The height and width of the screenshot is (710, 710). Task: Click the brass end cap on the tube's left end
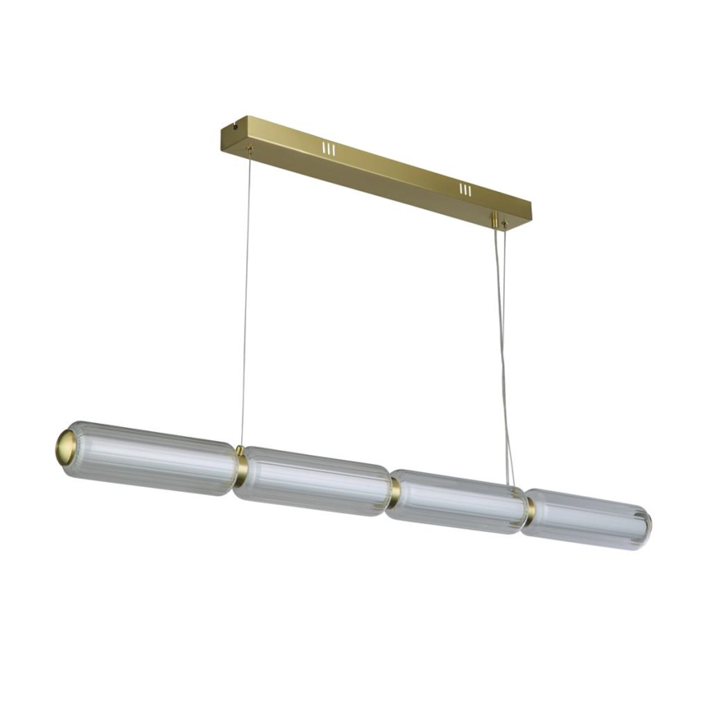coord(66,447)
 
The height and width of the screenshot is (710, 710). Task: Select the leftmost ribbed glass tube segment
coord(151,459)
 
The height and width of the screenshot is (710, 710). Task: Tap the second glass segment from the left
coord(316,481)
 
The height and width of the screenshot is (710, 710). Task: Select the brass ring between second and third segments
coord(395,491)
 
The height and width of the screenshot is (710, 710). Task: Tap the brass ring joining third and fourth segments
coord(530,510)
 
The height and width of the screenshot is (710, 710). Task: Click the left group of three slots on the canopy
coord(328,149)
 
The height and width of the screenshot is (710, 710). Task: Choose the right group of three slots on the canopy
coord(465,190)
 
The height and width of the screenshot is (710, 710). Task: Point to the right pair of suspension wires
coord(502,352)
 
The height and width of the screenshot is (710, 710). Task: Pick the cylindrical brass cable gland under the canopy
coord(494,220)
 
